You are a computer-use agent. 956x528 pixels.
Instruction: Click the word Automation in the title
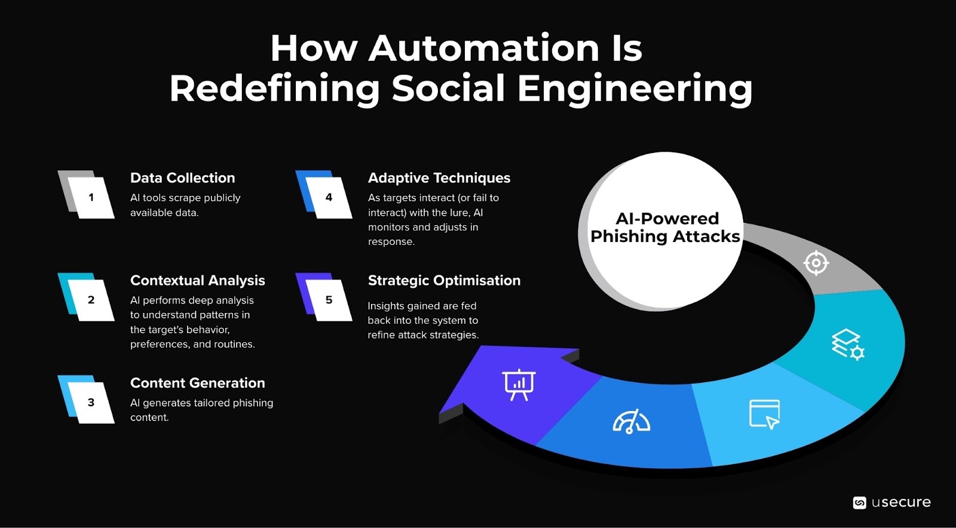click(x=483, y=48)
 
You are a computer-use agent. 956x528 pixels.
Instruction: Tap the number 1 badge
click(x=91, y=197)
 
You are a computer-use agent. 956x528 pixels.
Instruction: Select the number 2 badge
click(x=91, y=300)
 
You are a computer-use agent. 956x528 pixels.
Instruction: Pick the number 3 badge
click(x=91, y=403)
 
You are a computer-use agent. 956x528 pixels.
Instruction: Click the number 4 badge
click(x=329, y=197)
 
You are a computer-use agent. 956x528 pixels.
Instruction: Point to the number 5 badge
click(x=329, y=300)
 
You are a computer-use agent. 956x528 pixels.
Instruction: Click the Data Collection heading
click(x=182, y=178)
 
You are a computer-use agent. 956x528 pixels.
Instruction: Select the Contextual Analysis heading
click(x=197, y=281)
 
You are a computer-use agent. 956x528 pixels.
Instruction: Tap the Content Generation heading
click(x=197, y=383)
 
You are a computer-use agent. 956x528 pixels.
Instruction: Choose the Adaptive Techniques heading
click(x=439, y=178)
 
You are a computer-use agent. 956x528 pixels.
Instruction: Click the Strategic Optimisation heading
click(x=444, y=281)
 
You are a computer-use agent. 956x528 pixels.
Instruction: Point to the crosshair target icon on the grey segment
click(x=816, y=263)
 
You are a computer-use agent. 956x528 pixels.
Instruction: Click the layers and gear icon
click(x=847, y=345)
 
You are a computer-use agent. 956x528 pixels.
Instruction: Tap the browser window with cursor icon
click(x=765, y=414)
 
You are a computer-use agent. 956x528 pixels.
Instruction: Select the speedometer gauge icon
click(x=631, y=422)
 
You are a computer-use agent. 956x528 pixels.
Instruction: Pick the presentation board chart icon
click(x=519, y=385)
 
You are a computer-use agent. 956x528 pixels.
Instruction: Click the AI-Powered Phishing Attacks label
click(x=665, y=228)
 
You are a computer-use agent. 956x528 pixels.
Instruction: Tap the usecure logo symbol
click(x=859, y=503)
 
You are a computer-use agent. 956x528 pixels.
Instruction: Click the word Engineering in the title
click(x=635, y=88)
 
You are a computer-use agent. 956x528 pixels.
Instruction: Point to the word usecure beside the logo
click(x=901, y=502)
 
